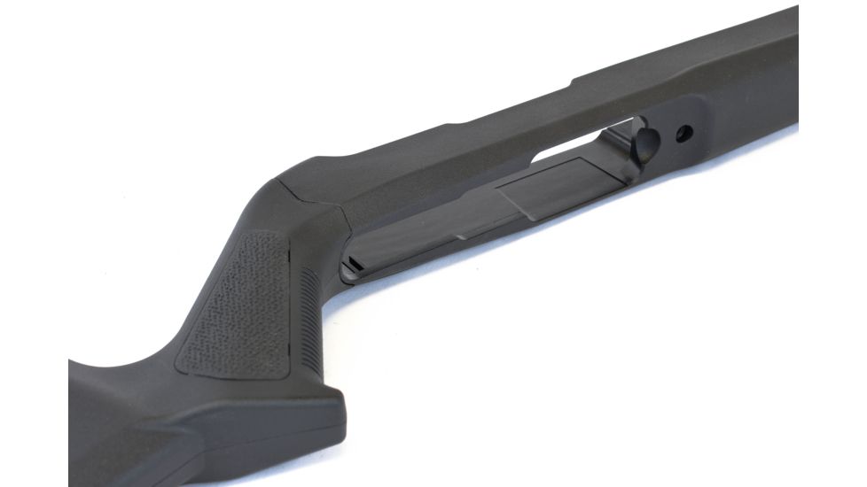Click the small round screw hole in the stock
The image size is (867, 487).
(x=683, y=134)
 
